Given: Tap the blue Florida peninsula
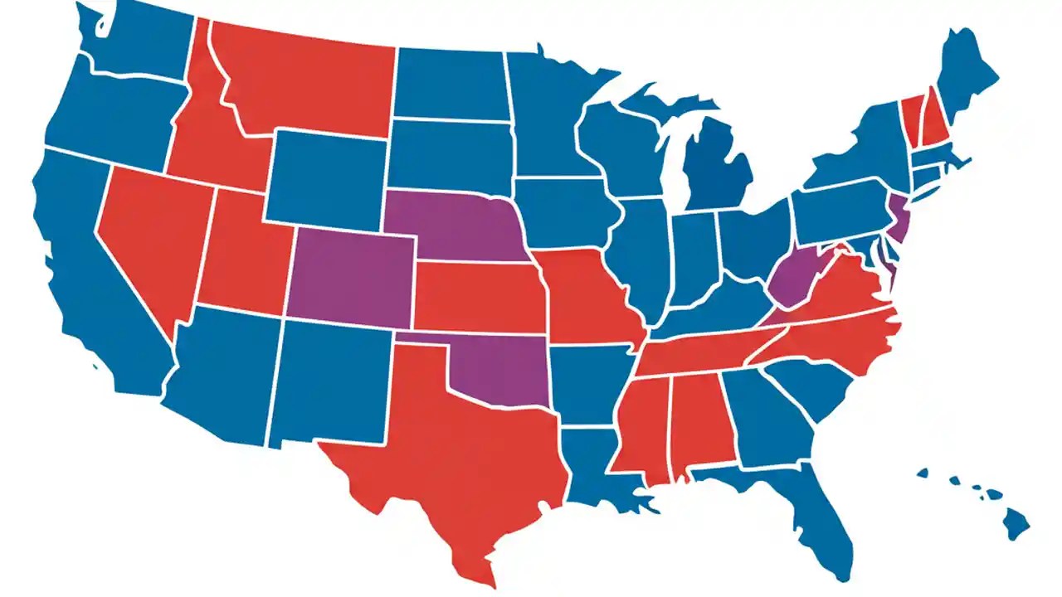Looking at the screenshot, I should (x=817, y=514).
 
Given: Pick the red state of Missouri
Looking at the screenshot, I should (x=585, y=298).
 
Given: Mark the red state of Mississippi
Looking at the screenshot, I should (x=643, y=423).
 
